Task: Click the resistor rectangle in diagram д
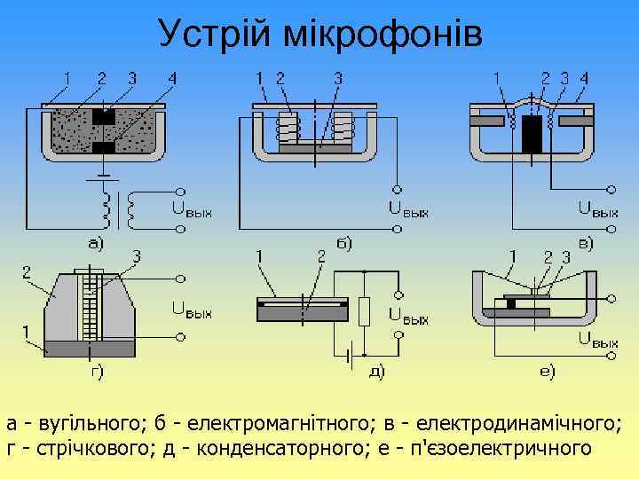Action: (364, 311)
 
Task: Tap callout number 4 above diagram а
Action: (171, 78)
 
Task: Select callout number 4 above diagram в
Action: (583, 78)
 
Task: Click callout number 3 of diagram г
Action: (136, 256)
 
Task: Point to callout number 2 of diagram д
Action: (321, 256)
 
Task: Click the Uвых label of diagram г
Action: (191, 311)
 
